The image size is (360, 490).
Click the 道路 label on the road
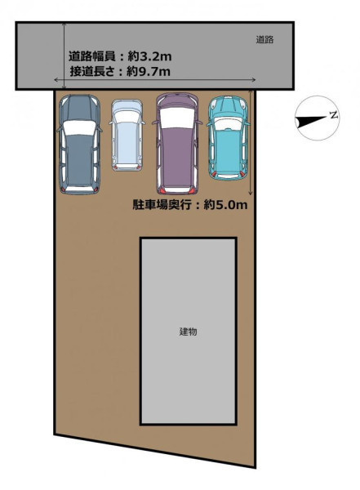point(264,40)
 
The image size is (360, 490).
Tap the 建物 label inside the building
point(188,332)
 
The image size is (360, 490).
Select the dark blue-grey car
point(79,145)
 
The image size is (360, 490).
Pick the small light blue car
point(127,136)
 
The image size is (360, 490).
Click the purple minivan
point(177,144)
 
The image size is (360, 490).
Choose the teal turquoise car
point(228,138)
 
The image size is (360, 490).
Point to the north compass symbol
point(318,118)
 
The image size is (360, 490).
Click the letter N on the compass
point(335,115)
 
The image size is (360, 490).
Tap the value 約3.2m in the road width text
point(149,56)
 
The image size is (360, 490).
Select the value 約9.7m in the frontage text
point(149,72)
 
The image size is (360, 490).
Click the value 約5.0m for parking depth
point(225,205)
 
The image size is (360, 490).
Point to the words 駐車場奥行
point(162,205)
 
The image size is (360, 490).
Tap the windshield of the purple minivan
point(177,118)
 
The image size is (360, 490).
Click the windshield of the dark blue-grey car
point(79,128)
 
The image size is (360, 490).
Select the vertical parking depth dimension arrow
point(251,142)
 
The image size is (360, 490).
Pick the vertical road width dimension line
point(64,56)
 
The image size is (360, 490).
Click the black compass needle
point(311,122)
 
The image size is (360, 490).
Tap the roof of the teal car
point(228,147)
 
